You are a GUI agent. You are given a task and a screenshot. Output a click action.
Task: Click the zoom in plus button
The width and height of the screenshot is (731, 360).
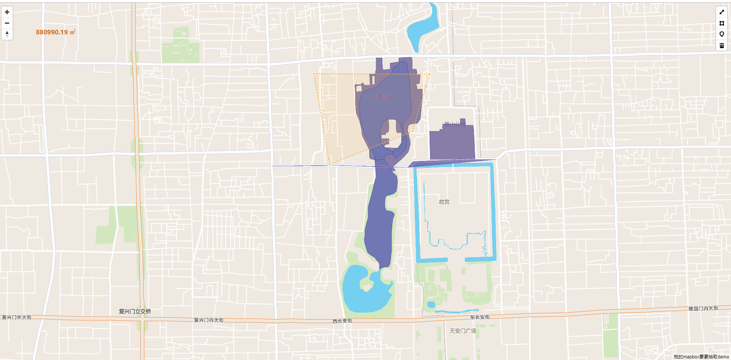[7, 12]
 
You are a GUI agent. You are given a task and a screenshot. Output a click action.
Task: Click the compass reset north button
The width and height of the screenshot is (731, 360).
[7, 34]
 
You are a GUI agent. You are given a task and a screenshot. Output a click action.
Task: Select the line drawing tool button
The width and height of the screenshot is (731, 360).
[721, 12]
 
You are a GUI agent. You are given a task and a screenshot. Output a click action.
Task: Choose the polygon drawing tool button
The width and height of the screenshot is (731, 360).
[721, 23]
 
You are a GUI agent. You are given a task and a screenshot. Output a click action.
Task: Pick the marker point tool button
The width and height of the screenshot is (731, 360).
[721, 34]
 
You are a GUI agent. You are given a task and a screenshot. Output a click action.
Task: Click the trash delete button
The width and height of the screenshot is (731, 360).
[721, 45]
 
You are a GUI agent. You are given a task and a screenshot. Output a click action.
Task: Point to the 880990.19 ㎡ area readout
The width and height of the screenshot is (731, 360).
[56, 32]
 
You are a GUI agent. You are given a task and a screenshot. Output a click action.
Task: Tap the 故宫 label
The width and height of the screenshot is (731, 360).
[444, 202]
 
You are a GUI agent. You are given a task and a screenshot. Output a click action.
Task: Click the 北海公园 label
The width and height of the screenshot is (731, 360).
[382, 97]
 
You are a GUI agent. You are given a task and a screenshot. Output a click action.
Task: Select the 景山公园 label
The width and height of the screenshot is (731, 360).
[454, 125]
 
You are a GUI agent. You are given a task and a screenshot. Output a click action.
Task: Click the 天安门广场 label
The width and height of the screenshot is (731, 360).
[463, 331]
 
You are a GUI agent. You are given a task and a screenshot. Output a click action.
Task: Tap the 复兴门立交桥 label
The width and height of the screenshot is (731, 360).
[135, 311]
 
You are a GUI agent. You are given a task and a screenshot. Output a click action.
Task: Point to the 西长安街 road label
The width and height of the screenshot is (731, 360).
[342, 321]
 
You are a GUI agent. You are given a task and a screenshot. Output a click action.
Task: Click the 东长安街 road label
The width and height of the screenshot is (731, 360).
[480, 317]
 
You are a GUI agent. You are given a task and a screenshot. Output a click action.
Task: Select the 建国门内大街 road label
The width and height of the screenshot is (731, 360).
[703, 308]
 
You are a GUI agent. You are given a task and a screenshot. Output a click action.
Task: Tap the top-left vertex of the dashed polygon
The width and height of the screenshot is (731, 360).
[314, 74]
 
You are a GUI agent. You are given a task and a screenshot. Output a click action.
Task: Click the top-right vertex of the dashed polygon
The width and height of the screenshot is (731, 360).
[430, 74]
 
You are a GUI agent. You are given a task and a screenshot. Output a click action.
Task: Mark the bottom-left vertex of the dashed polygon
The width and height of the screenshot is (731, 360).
[330, 164]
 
